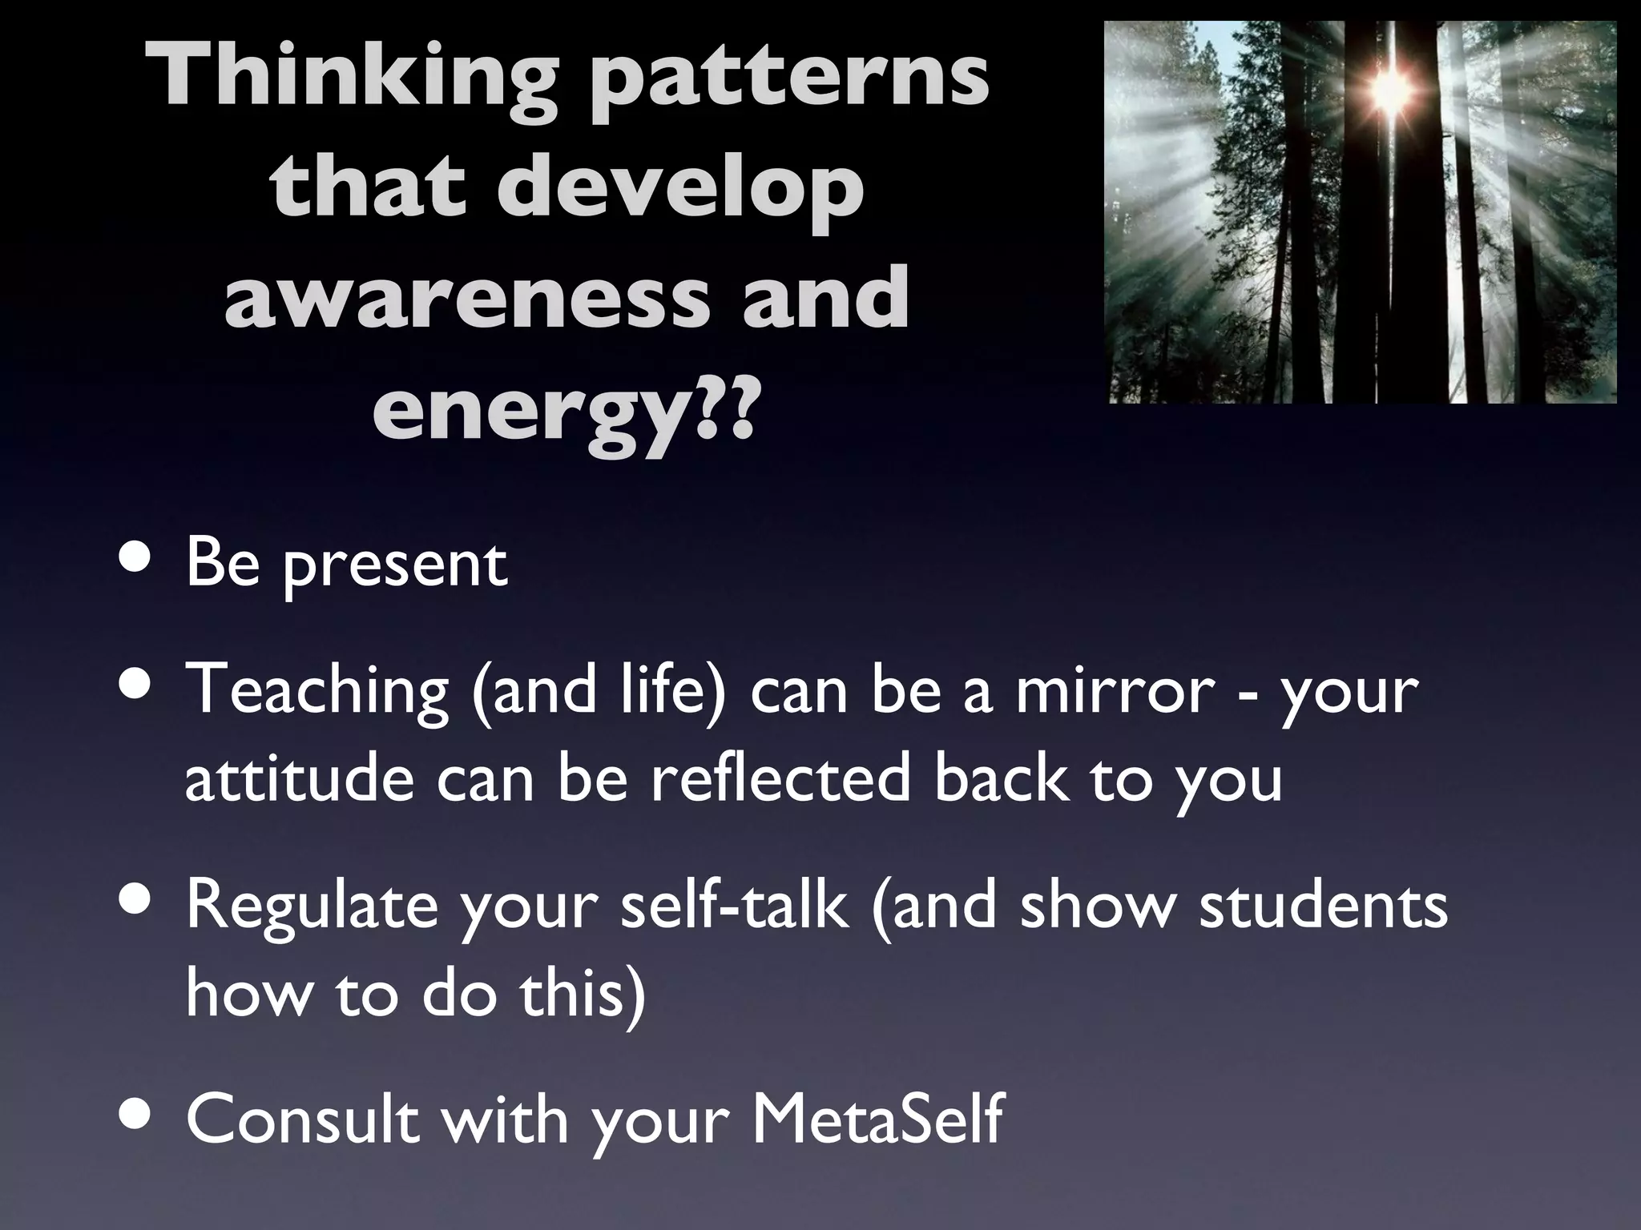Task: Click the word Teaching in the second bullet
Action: coord(317,690)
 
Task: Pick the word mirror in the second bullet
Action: coord(1115,690)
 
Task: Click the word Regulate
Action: coord(312,906)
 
